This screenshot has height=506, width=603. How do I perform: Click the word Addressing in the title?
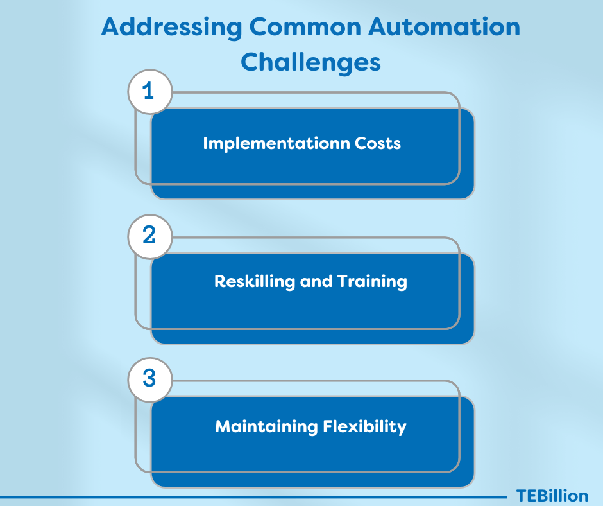[x=171, y=28]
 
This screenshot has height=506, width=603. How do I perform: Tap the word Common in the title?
[x=305, y=27]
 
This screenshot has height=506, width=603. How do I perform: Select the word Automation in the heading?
[x=444, y=27]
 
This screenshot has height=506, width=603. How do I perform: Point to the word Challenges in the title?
[x=310, y=62]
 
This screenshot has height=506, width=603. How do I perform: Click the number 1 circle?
[x=150, y=92]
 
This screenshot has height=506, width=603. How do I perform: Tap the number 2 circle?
[x=150, y=236]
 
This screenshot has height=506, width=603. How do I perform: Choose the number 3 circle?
[x=150, y=379]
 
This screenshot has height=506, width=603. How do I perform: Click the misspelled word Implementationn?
[x=276, y=144]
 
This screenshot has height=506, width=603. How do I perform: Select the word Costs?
[x=378, y=143]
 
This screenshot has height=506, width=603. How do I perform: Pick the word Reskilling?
[x=254, y=282]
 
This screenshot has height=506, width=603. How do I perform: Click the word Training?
[x=372, y=282]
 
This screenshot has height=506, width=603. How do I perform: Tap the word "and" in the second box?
[x=316, y=281]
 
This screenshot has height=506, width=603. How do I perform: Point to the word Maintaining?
[x=266, y=427]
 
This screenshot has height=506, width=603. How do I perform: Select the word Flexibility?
[x=364, y=427]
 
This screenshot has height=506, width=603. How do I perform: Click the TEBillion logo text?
[x=552, y=496]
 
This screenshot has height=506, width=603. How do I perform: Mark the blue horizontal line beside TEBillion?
[x=253, y=497]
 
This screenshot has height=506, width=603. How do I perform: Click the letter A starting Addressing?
[x=110, y=27]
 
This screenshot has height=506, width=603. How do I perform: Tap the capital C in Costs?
[x=361, y=143]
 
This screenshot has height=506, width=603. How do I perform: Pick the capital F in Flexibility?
[x=328, y=426]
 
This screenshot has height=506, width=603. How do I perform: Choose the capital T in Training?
[x=343, y=281]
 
